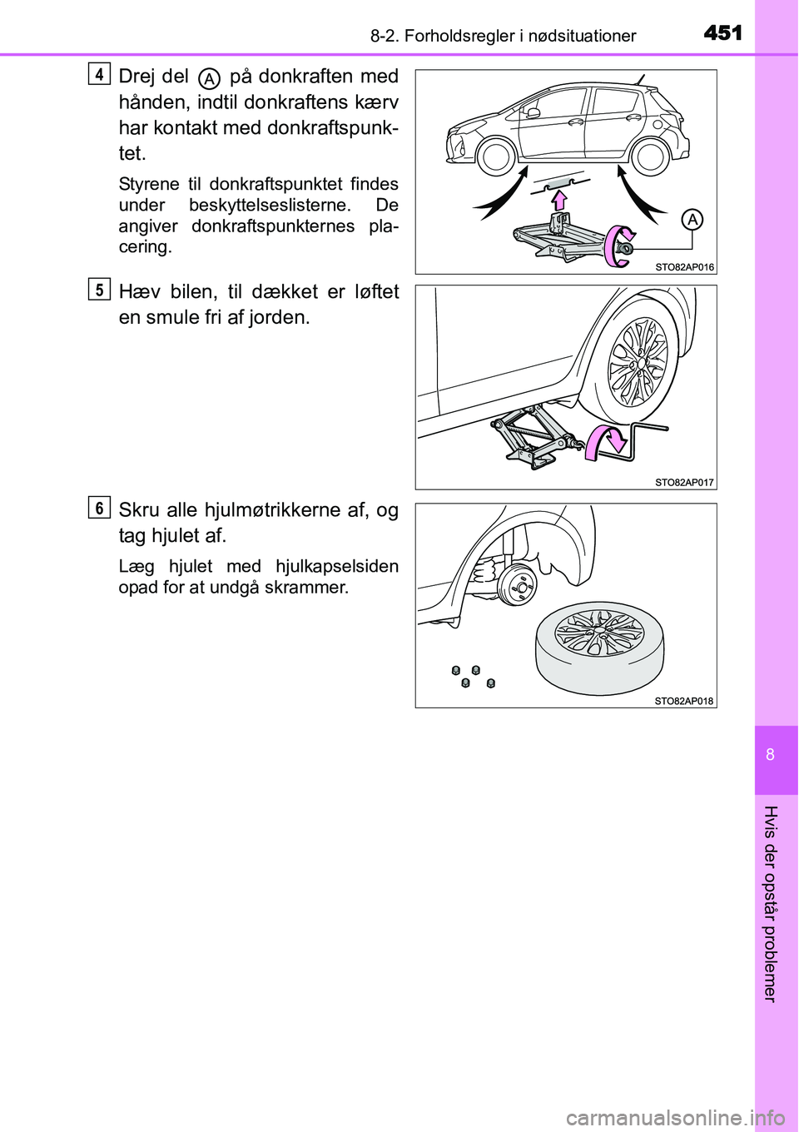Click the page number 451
[722, 32]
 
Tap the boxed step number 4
[98, 74]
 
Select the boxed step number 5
[98, 290]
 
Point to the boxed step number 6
[98, 507]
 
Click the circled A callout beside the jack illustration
[692, 220]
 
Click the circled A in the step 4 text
[210, 78]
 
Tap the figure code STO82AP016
[684, 267]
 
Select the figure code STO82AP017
[684, 482]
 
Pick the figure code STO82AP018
[684, 701]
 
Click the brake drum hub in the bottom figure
[518, 587]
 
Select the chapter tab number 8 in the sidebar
[771, 754]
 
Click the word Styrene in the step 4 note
[148, 184]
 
